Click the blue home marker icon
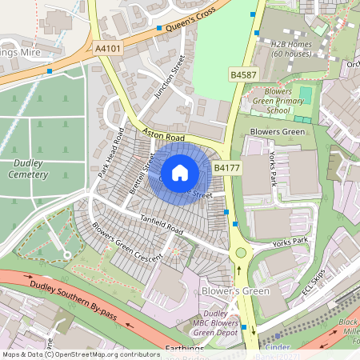[x=180, y=172]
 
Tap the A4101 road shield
[x=107, y=49]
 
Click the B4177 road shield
[x=226, y=168]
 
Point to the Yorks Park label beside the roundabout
[x=289, y=241]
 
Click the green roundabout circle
[x=241, y=253]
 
